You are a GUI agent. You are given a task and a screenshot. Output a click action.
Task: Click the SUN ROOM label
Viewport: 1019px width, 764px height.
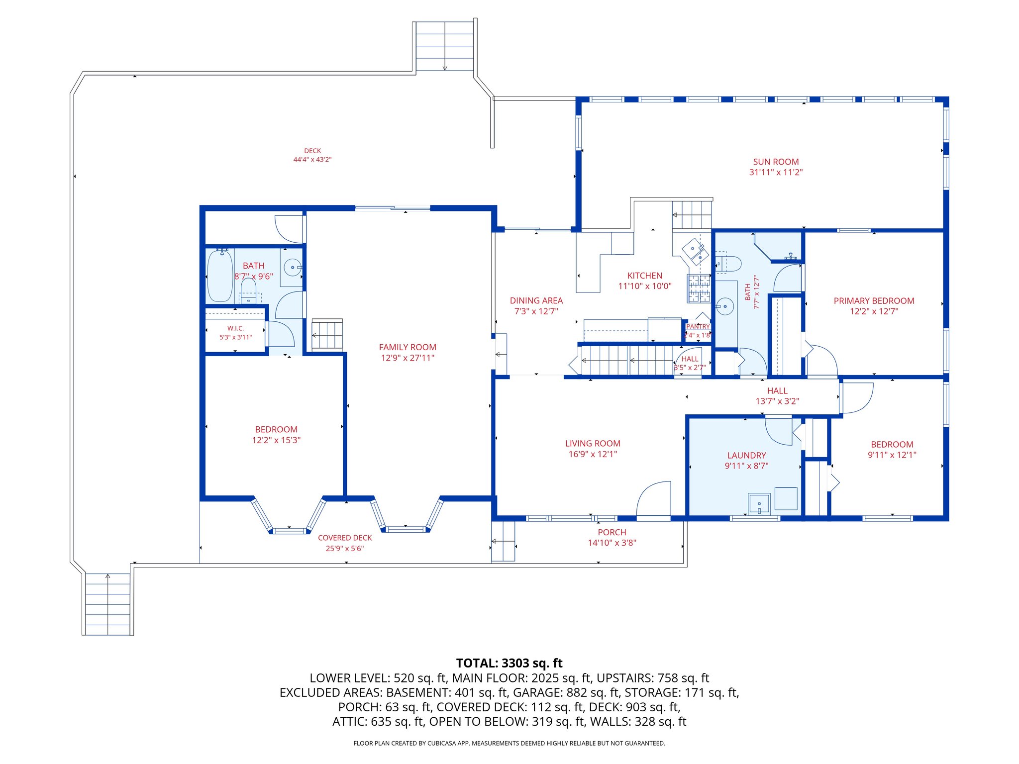776,162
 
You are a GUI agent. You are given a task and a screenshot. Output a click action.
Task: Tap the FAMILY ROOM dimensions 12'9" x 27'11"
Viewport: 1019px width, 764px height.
408,358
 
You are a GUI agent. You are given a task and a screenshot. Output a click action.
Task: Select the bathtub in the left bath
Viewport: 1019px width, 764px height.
219,276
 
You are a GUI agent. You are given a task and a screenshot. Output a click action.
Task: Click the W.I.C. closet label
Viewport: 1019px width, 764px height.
235,328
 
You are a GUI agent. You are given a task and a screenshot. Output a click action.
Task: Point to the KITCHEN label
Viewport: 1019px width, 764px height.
645,276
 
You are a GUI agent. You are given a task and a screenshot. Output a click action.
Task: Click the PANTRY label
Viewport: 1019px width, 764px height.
698,327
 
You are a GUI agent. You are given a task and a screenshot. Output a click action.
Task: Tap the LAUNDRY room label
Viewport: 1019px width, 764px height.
746,455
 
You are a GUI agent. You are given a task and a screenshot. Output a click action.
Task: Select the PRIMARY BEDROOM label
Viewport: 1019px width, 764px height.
874,301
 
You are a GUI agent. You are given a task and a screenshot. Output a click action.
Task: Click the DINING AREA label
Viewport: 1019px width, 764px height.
536,300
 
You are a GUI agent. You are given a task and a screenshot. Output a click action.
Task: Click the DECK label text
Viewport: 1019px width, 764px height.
312,151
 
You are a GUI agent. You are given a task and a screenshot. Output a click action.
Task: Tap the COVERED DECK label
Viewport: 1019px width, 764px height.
345,538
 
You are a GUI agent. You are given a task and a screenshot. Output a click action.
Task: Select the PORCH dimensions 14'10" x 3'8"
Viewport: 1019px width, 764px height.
612,543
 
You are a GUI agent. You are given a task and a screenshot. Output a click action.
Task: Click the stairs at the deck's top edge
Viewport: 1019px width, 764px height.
444,46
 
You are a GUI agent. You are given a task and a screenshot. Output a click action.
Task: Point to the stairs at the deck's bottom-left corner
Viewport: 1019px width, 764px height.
107,604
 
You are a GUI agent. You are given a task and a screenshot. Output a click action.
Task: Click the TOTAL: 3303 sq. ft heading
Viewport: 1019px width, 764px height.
509,663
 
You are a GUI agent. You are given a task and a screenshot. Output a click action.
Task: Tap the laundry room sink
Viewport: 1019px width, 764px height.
759,503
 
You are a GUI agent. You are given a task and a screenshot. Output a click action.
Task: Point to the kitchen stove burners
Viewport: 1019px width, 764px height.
699,288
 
